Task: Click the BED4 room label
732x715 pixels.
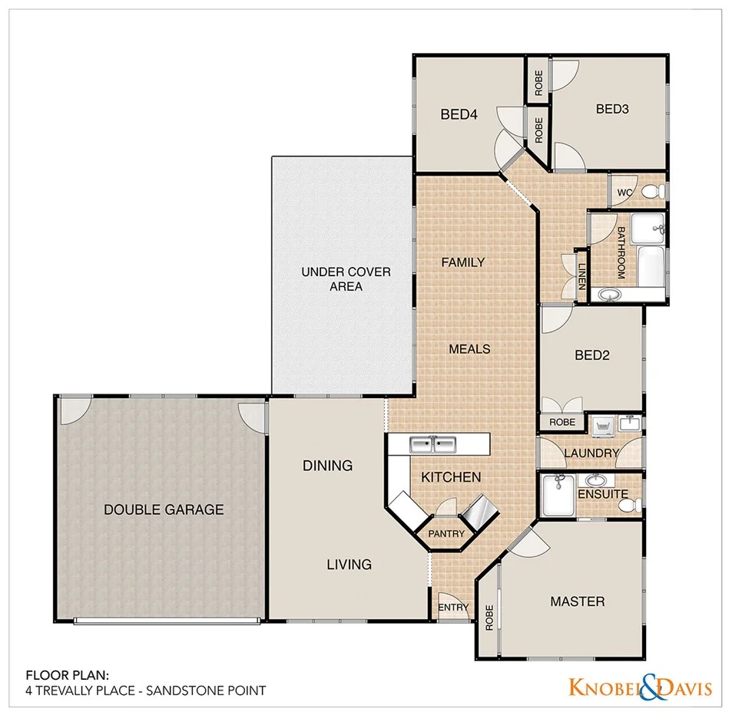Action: point(459,115)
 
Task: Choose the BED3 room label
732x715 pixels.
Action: point(612,109)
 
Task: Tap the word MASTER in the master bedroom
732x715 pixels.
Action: point(578,601)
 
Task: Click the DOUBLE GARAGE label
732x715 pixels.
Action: point(164,509)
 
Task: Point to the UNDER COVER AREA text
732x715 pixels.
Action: point(346,279)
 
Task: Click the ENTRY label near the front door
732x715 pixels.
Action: point(453,608)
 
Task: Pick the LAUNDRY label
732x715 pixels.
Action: point(591,453)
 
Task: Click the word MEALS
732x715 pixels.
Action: point(469,349)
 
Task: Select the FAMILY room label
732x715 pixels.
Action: point(462,262)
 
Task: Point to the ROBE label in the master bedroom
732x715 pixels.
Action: point(489,618)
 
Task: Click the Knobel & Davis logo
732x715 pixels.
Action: point(639,687)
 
